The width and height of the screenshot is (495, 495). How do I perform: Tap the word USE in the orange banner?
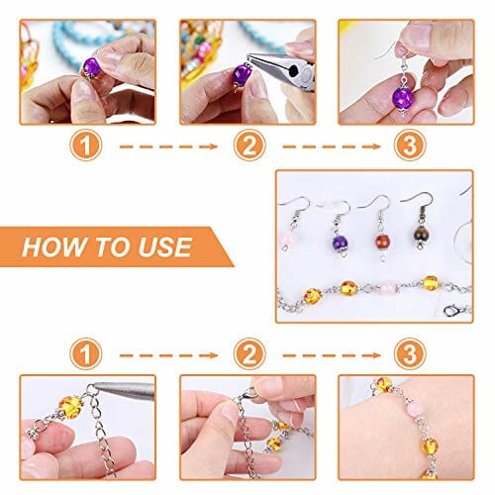(165, 247)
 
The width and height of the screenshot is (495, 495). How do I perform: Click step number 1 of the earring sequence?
(86, 146)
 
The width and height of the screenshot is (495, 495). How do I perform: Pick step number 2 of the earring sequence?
(249, 146)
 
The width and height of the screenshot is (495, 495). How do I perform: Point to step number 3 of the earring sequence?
(410, 146)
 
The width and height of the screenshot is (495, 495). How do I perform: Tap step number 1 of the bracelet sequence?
(86, 354)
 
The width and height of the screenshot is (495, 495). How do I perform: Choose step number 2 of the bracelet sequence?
(249, 354)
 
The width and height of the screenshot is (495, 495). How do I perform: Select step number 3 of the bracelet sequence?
(410, 354)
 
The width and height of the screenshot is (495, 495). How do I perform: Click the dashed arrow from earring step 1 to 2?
(168, 147)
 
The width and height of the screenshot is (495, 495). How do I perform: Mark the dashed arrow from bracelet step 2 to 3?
(332, 355)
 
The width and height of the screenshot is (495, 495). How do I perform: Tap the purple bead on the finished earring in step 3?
(403, 98)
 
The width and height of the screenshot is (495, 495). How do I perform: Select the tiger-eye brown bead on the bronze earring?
(422, 233)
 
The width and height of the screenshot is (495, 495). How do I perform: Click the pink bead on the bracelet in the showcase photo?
(388, 288)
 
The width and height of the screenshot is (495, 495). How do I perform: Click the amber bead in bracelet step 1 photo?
(70, 407)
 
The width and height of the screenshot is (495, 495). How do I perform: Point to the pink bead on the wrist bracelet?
(414, 409)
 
